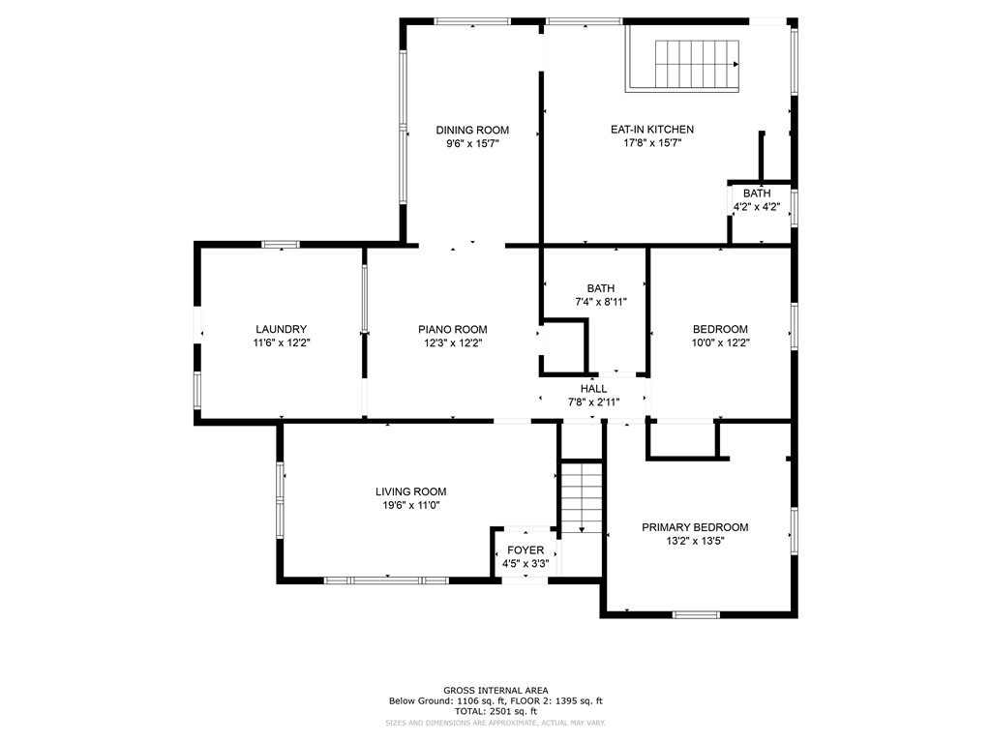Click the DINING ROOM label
click(x=472, y=131)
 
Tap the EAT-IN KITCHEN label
click(x=652, y=130)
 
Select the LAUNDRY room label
click(x=282, y=329)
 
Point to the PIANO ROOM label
click(x=453, y=329)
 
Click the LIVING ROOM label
click(x=410, y=491)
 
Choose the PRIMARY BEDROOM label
click(x=695, y=527)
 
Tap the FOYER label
click(x=526, y=550)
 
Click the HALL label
click(x=593, y=389)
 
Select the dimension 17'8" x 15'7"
click(x=652, y=143)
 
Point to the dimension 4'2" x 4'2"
click(x=757, y=207)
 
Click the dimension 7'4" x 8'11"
click(x=600, y=302)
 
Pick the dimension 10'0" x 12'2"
click(x=720, y=343)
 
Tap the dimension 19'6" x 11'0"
click(x=410, y=505)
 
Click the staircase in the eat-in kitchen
click(x=697, y=65)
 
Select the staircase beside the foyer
click(x=582, y=498)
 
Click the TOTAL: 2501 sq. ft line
click(x=495, y=711)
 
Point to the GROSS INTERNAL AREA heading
click(x=495, y=691)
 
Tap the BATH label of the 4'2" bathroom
click(x=757, y=193)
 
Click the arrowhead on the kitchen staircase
click(x=736, y=65)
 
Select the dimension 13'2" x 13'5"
click(x=695, y=541)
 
